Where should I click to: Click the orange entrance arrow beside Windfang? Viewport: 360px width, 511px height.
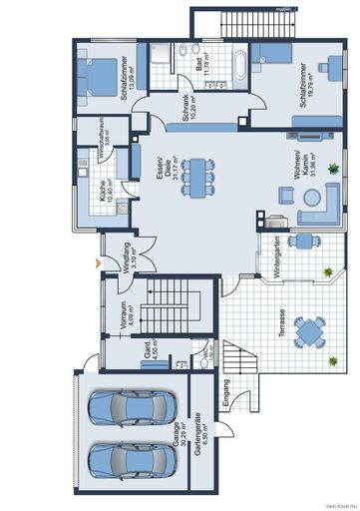coord(97,262)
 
